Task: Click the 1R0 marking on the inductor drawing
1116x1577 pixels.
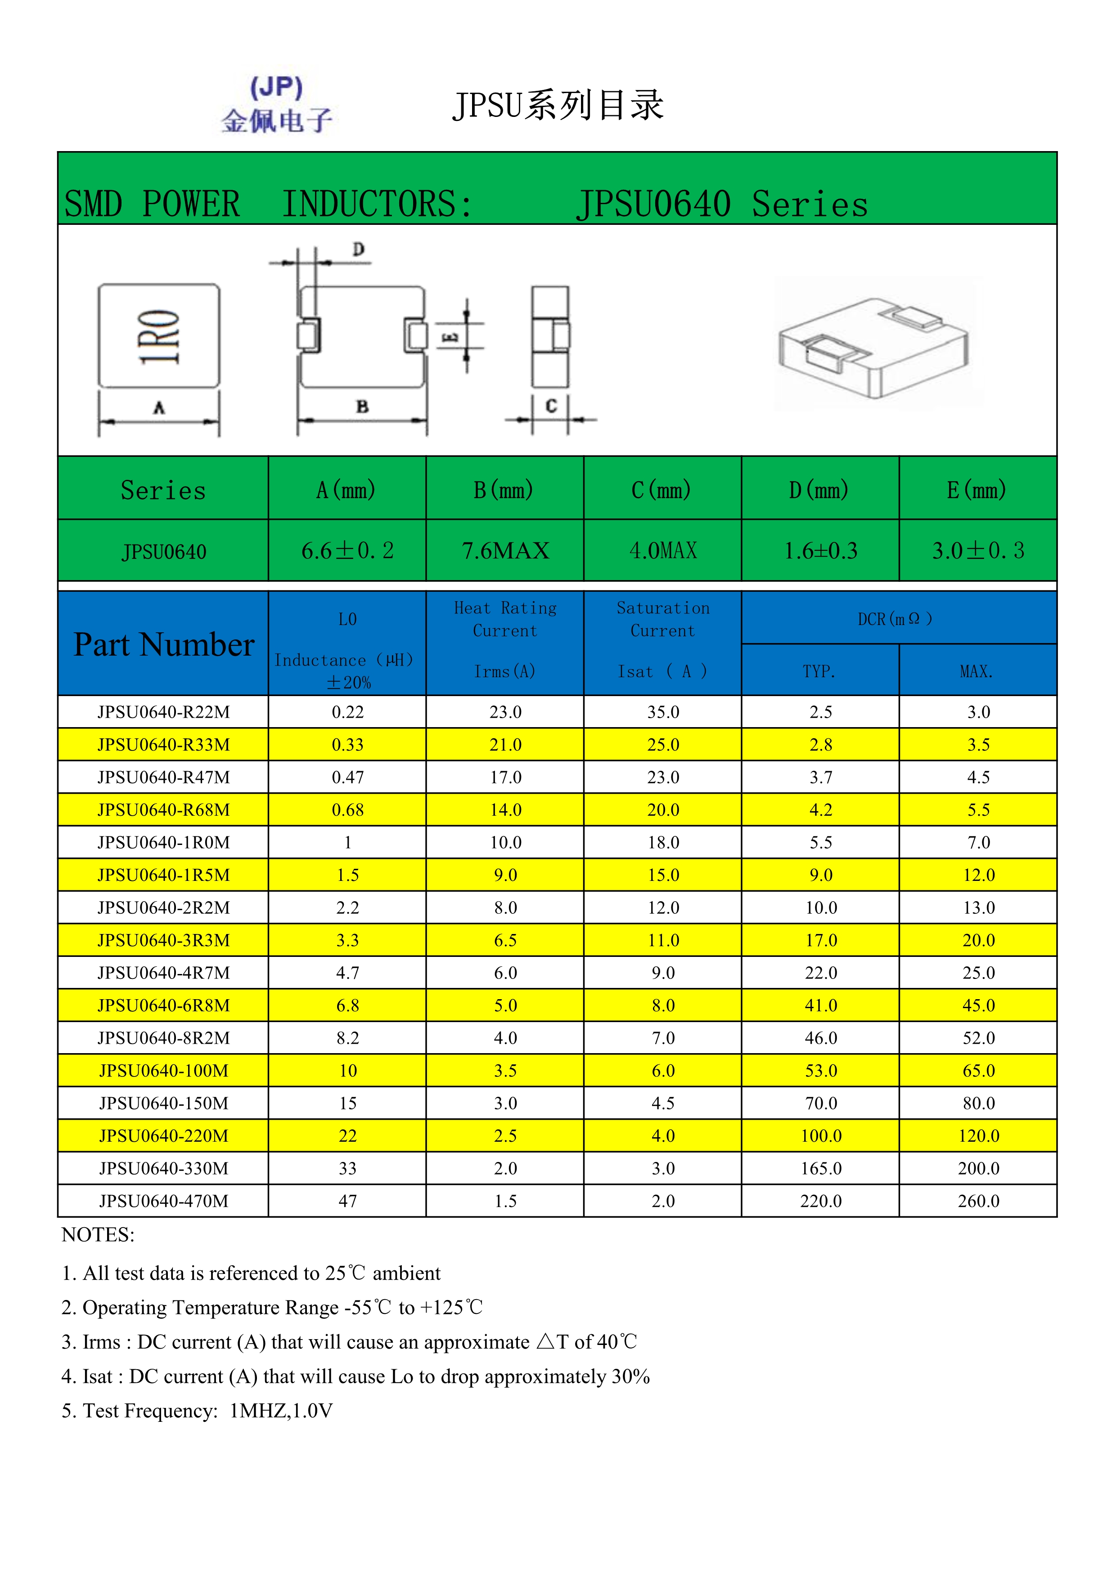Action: [159, 336]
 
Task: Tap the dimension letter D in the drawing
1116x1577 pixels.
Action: [358, 249]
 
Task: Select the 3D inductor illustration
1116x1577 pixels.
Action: [874, 345]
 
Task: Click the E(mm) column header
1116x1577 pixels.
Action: [977, 490]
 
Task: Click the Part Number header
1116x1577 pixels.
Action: [163, 644]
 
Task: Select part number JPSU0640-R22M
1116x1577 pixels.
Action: [163, 712]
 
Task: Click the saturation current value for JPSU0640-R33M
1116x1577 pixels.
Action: [663, 745]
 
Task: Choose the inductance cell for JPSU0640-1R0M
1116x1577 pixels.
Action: [348, 843]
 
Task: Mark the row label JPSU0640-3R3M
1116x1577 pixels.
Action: [163, 940]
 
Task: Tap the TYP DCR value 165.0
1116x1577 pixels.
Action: [820, 1168]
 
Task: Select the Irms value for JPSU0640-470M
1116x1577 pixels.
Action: [505, 1201]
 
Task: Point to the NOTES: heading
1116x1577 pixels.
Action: [98, 1235]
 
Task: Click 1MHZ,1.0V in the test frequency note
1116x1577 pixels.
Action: [281, 1410]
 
